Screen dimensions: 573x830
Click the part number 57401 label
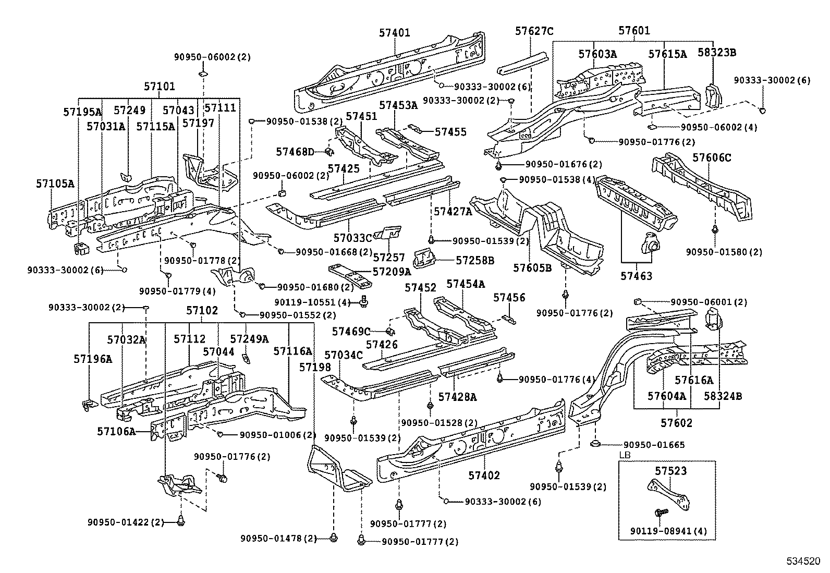click(395, 32)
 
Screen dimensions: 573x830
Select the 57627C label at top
click(534, 31)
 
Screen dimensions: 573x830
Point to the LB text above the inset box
click(624, 455)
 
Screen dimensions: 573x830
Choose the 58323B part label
click(717, 53)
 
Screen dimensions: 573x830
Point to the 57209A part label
click(392, 271)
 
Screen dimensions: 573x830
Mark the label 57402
click(484, 475)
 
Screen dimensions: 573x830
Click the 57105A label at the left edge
click(55, 183)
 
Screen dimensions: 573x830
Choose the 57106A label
click(116, 431)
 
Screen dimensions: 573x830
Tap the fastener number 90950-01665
click(654, 445)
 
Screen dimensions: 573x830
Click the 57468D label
click(295, 152)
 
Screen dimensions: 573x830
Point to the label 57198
click(315, 367)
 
